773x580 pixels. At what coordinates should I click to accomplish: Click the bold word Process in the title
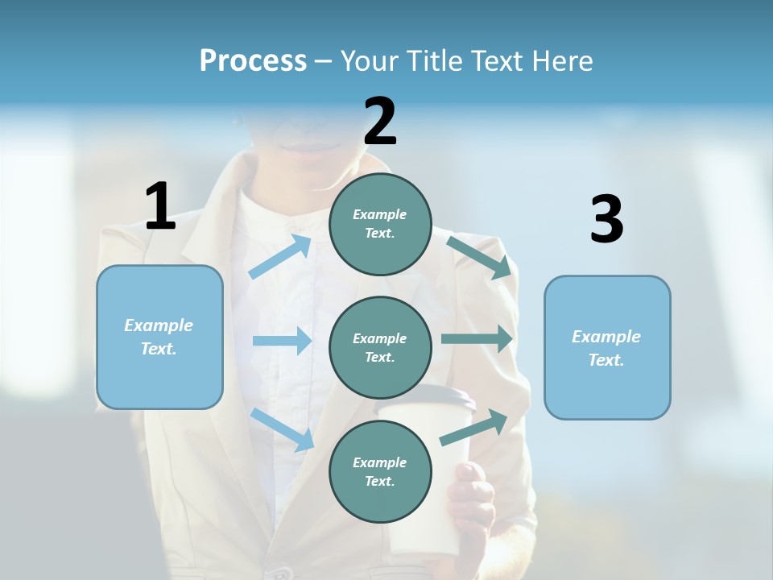tap(253, 61)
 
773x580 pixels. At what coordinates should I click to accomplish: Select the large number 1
tap(160, 206)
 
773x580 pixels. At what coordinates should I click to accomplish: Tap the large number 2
tap(380, 122)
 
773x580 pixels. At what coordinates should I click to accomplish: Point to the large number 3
tap(606, 220)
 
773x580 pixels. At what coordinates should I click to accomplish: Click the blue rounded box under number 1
tap(159, 337)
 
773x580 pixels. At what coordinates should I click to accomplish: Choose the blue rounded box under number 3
tap(607, 347)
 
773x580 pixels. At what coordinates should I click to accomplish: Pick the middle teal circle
tap(380, 347)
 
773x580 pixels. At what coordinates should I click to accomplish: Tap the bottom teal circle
tap(380, 471)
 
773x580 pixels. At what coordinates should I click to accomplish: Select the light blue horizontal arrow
tap(282, 341)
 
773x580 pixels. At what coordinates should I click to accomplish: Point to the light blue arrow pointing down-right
tap(283, 429)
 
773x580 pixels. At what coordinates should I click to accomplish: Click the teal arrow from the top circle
tap(479, 257)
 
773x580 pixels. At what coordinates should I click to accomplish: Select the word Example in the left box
tap(159, 325)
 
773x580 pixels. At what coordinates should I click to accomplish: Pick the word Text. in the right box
tap(606, 360)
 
